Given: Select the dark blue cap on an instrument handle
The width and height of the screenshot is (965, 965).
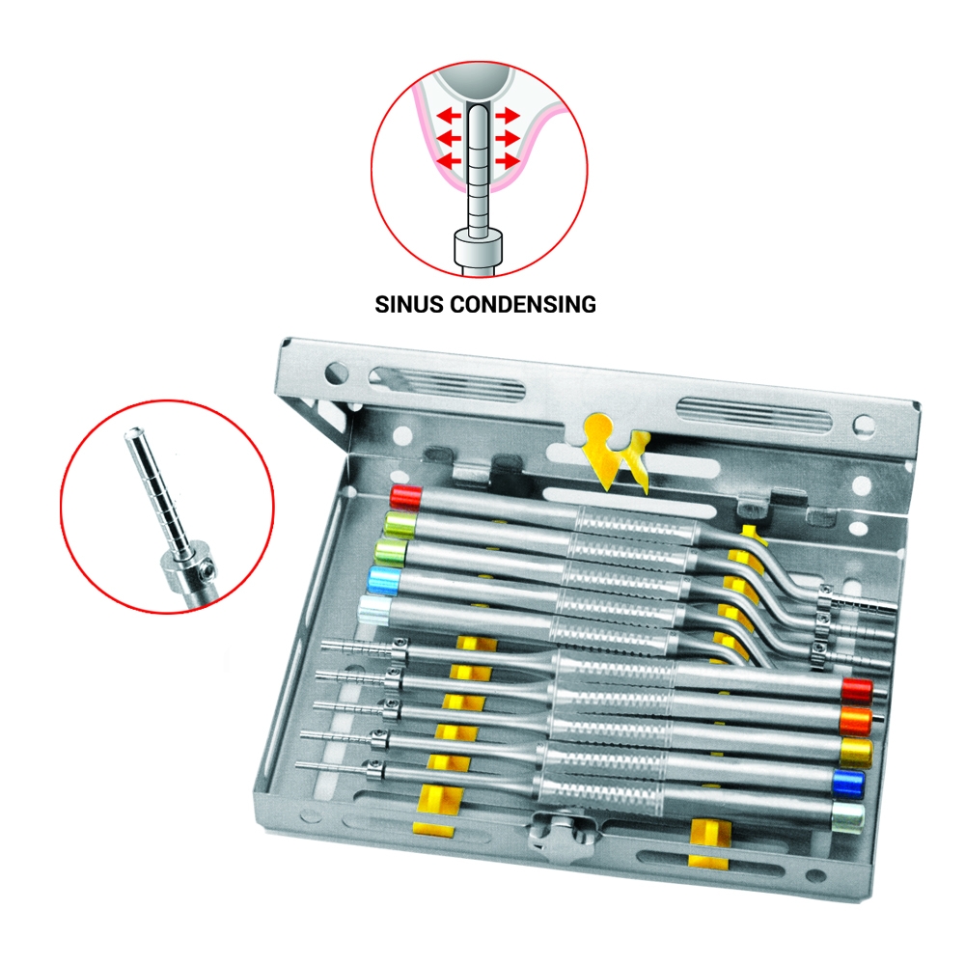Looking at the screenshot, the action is point(848,784).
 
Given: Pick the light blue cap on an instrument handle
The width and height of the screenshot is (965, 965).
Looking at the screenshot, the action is point(383,580).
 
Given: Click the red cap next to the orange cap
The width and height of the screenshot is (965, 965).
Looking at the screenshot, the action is point(857,690).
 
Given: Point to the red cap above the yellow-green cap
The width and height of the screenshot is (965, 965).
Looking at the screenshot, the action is point(406,497).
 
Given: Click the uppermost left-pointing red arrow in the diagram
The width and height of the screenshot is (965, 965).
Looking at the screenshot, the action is point(449,115).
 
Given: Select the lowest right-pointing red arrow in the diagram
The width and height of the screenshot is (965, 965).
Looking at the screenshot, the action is point(508,161).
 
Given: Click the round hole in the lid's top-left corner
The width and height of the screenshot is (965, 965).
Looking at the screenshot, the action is point(336,372).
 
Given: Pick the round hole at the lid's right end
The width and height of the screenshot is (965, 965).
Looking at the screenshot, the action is point(863,425).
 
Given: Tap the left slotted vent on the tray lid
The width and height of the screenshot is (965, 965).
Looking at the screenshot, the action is point(448,384).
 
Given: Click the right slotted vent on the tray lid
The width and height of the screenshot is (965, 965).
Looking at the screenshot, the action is point(754,415).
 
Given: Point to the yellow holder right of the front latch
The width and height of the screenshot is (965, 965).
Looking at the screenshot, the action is point(708,841).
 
